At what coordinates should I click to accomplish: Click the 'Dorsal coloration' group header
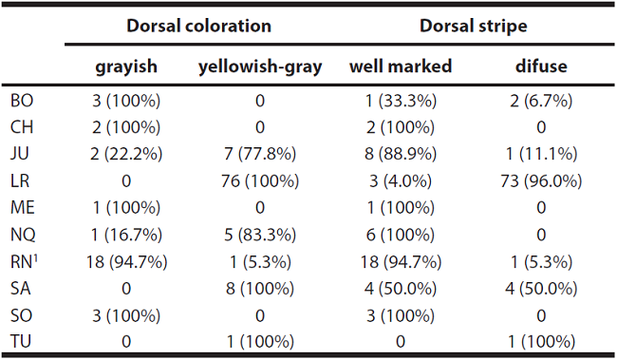[201, 26]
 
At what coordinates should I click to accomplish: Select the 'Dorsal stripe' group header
[473, 26]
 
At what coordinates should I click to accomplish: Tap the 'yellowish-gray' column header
[259, 66]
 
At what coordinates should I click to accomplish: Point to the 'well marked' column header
[401, 66]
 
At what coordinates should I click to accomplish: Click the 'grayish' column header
[126, 66]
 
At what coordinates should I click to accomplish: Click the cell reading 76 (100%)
[259, 180]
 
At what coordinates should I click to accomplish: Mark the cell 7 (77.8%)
[259, 153]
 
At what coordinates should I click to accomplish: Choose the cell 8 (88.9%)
[401, 153]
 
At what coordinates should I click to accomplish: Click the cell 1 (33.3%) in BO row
[401, 99]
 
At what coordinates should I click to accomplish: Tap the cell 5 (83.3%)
[259, 235]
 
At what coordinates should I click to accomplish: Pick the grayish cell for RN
[126, 262]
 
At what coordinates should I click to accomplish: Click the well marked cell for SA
[401, 289]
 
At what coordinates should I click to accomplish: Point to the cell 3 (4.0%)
[401, 180]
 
